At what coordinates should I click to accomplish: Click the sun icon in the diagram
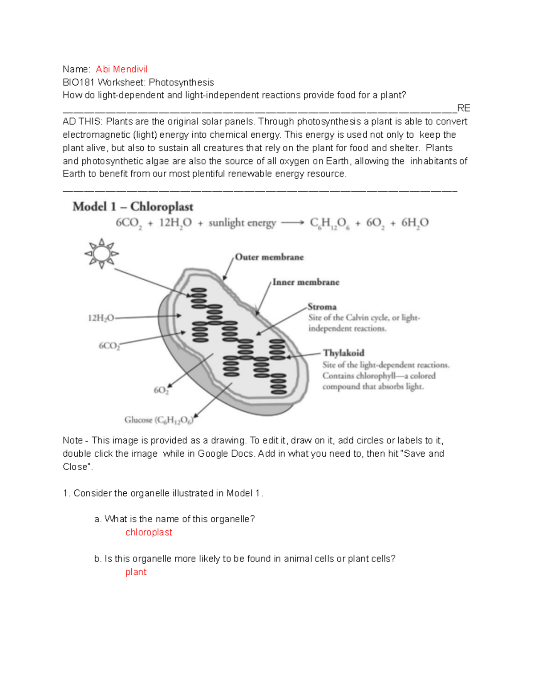(x=101, y=254)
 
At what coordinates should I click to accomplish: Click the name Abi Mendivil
(x=121, y=69)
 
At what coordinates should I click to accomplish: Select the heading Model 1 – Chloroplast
(x=133, y=207)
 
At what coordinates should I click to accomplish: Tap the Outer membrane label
(x=269, y=257)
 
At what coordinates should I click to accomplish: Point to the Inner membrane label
(x=306, y=282)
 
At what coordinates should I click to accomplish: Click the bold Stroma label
(x=322, y=307)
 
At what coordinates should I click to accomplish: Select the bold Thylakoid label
(x=344, y=353)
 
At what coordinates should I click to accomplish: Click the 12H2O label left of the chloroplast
(x=101, y=318)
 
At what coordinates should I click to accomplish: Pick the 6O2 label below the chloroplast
(x=161, y=390)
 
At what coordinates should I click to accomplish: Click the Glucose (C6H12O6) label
(x=159, y=420)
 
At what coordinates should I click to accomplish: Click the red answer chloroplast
(x=149, y=532)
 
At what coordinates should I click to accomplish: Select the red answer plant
(x=136, y=572)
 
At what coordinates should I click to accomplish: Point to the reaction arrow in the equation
(x=292, y=223)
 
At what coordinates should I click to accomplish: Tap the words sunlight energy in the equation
(x=242, y=223)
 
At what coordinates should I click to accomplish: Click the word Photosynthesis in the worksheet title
(x=181, y=82)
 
